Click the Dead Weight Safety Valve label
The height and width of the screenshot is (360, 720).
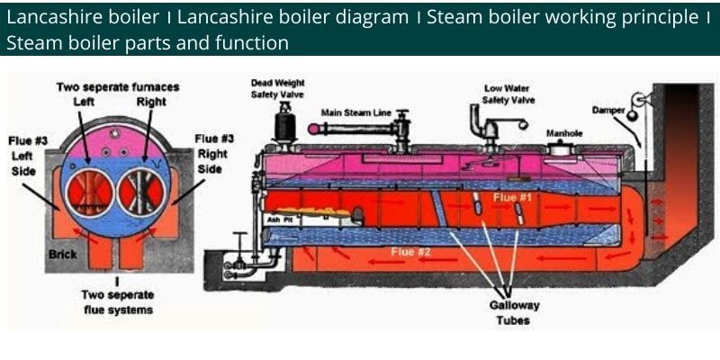coord(278,89)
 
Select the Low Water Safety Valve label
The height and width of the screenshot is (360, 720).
coord(508,94)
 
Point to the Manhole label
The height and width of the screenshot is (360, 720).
coord(564,133)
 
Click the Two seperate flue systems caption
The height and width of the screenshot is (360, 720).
coord(118,301)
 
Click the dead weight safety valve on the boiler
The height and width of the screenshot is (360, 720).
coord(288,120)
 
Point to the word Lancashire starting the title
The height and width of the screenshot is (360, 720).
coord(44,17)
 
